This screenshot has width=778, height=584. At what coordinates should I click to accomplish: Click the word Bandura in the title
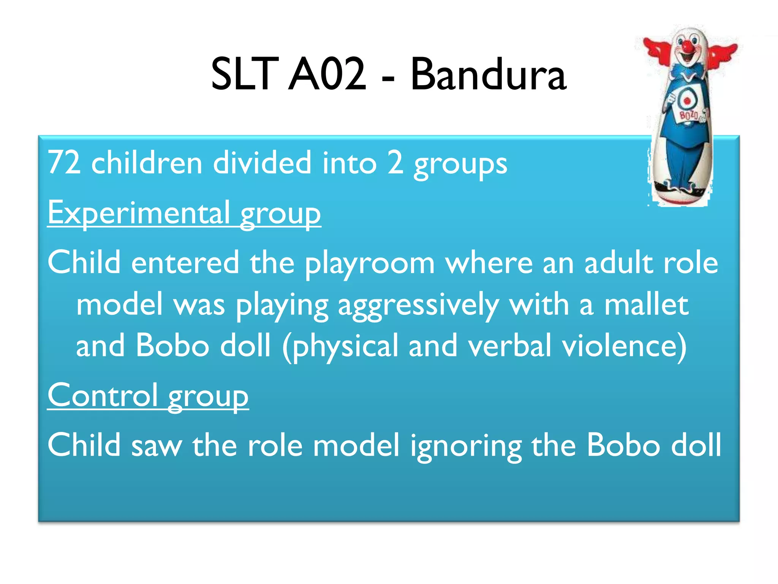(x=489, y=75)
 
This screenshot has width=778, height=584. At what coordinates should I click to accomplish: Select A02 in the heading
(x=327, y=75)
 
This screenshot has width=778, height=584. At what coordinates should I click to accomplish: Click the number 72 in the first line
(x=64, y=163)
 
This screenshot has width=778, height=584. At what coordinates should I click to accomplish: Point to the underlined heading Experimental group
(x=184, y=213)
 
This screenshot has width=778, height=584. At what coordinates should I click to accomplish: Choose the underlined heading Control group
(x=148, y=396)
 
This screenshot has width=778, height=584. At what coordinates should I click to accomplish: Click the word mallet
(x=646, y=305)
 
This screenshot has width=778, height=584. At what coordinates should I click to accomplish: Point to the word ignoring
(x=466, y=446)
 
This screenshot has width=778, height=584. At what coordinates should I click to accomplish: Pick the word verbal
(x=509, y=346)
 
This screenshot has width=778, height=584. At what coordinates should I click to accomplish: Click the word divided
(x=262, y=163)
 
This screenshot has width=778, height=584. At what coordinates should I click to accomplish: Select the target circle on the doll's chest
(x=687, y=100)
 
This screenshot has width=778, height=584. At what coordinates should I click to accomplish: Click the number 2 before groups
(x=395, y=163)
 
